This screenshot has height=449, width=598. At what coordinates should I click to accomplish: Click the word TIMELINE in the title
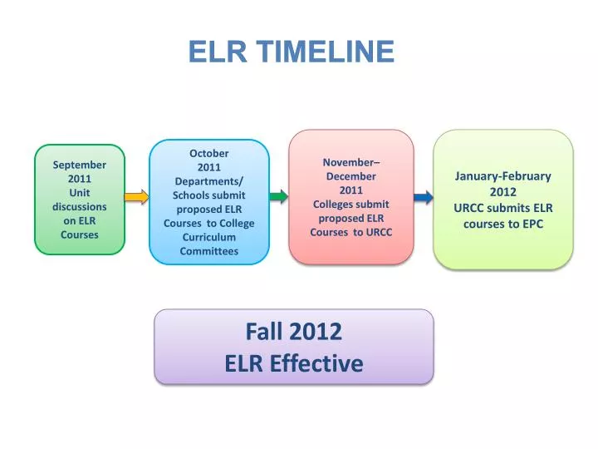coord(326,52)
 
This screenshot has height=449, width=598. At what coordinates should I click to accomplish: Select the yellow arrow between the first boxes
coord(136,197)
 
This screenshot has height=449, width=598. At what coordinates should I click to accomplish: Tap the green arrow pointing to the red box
coord(279,197)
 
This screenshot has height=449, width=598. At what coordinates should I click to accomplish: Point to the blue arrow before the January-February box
coord(423,197)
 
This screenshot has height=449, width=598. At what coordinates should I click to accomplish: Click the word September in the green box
coord(80,165)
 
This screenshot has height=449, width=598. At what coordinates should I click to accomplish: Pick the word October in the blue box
coord(209,153)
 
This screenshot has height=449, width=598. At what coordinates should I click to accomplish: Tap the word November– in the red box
coord(351,162)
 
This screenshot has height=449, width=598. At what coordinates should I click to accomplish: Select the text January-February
coord(503,176)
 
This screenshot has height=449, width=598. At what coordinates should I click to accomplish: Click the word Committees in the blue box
coord(209,251)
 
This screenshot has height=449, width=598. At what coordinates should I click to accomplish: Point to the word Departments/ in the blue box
coord(209,181)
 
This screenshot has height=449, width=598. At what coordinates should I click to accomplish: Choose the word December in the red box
coord(351,176)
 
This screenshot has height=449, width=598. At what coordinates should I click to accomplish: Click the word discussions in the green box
coord(80,206)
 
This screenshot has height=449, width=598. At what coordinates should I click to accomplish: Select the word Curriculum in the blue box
coord(209,237)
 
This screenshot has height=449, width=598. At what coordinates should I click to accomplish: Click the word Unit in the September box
coord(80,192)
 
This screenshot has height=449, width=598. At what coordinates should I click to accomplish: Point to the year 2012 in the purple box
coord(316,332)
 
